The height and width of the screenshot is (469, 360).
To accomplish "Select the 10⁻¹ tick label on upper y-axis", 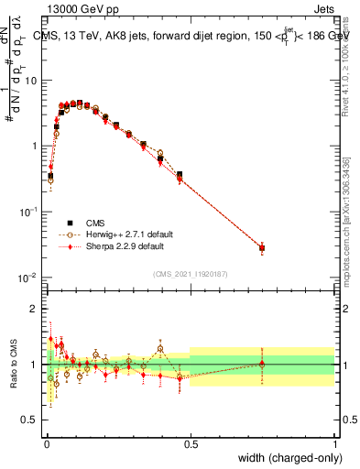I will pos(29,212).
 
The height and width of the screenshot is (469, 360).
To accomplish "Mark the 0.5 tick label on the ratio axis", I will pos(31,420).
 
